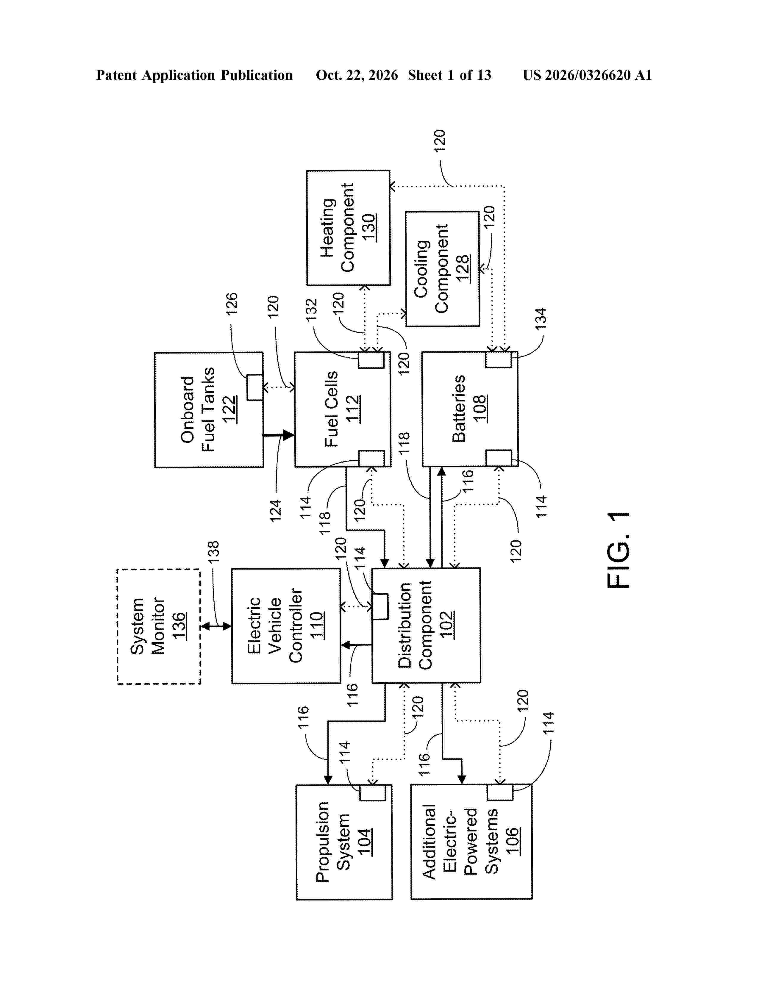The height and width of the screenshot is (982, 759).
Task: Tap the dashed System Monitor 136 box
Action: click(159, 626)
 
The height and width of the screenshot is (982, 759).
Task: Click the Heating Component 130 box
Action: click(348, 228)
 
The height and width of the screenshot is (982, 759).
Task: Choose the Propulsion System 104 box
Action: click(344, 842)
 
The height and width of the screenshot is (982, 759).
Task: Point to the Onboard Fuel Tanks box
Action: click(209, 410)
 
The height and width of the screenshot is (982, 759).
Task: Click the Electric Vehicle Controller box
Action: click(286, 626)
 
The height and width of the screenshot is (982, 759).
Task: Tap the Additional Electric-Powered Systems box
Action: click(471, 842)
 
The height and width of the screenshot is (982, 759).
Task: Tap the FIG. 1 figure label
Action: click(618, 550)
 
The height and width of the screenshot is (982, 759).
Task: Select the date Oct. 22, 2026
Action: click(357, 75)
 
